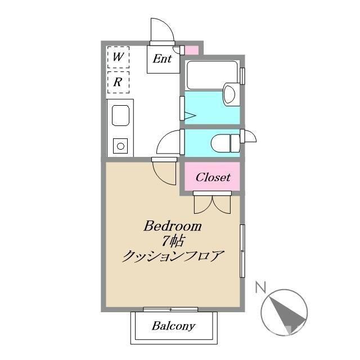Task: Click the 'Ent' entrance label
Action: [x=162, y=58]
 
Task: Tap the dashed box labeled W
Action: [x=118, y=57]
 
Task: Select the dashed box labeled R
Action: [x=118, y=82]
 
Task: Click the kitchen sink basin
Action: [x=121, y=116]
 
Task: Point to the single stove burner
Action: [x=120, y=146]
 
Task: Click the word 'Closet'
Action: [x=213, y=177]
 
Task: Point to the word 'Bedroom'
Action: [x=173, y=226]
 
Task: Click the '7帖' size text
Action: [x=173, y=242]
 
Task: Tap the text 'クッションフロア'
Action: [x=173, y=258]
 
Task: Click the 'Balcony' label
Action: [x=173, y=326]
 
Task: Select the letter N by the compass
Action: [x=260, y=288]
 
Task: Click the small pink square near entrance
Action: [x=192, y=50]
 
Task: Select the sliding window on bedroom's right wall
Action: [x=242, y=251]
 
